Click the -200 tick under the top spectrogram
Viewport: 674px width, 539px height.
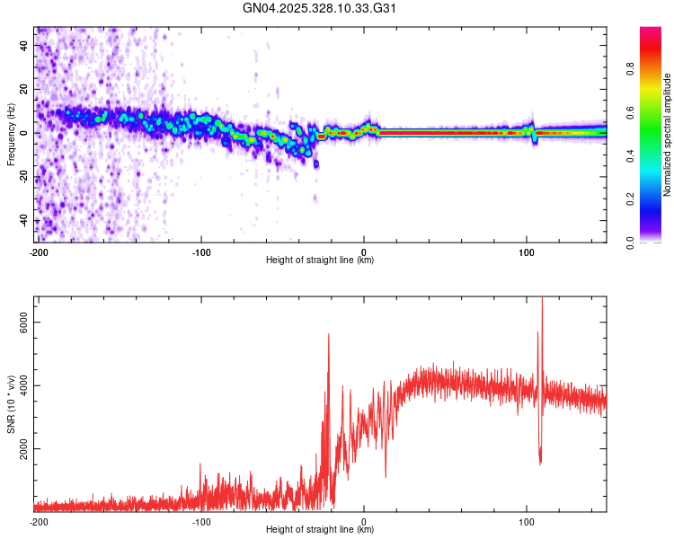pos(38,252)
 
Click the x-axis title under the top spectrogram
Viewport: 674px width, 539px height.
pos(320,261)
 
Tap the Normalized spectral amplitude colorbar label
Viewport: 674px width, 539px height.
pos(667,135)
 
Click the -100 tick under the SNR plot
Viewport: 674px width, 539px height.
pos(200,521)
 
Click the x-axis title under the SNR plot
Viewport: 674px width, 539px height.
pos(320,530)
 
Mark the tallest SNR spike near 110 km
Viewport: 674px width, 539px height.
pos(542,299)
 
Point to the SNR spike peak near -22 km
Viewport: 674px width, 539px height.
pos(329,334)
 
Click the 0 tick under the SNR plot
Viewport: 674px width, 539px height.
pos(364,521)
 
